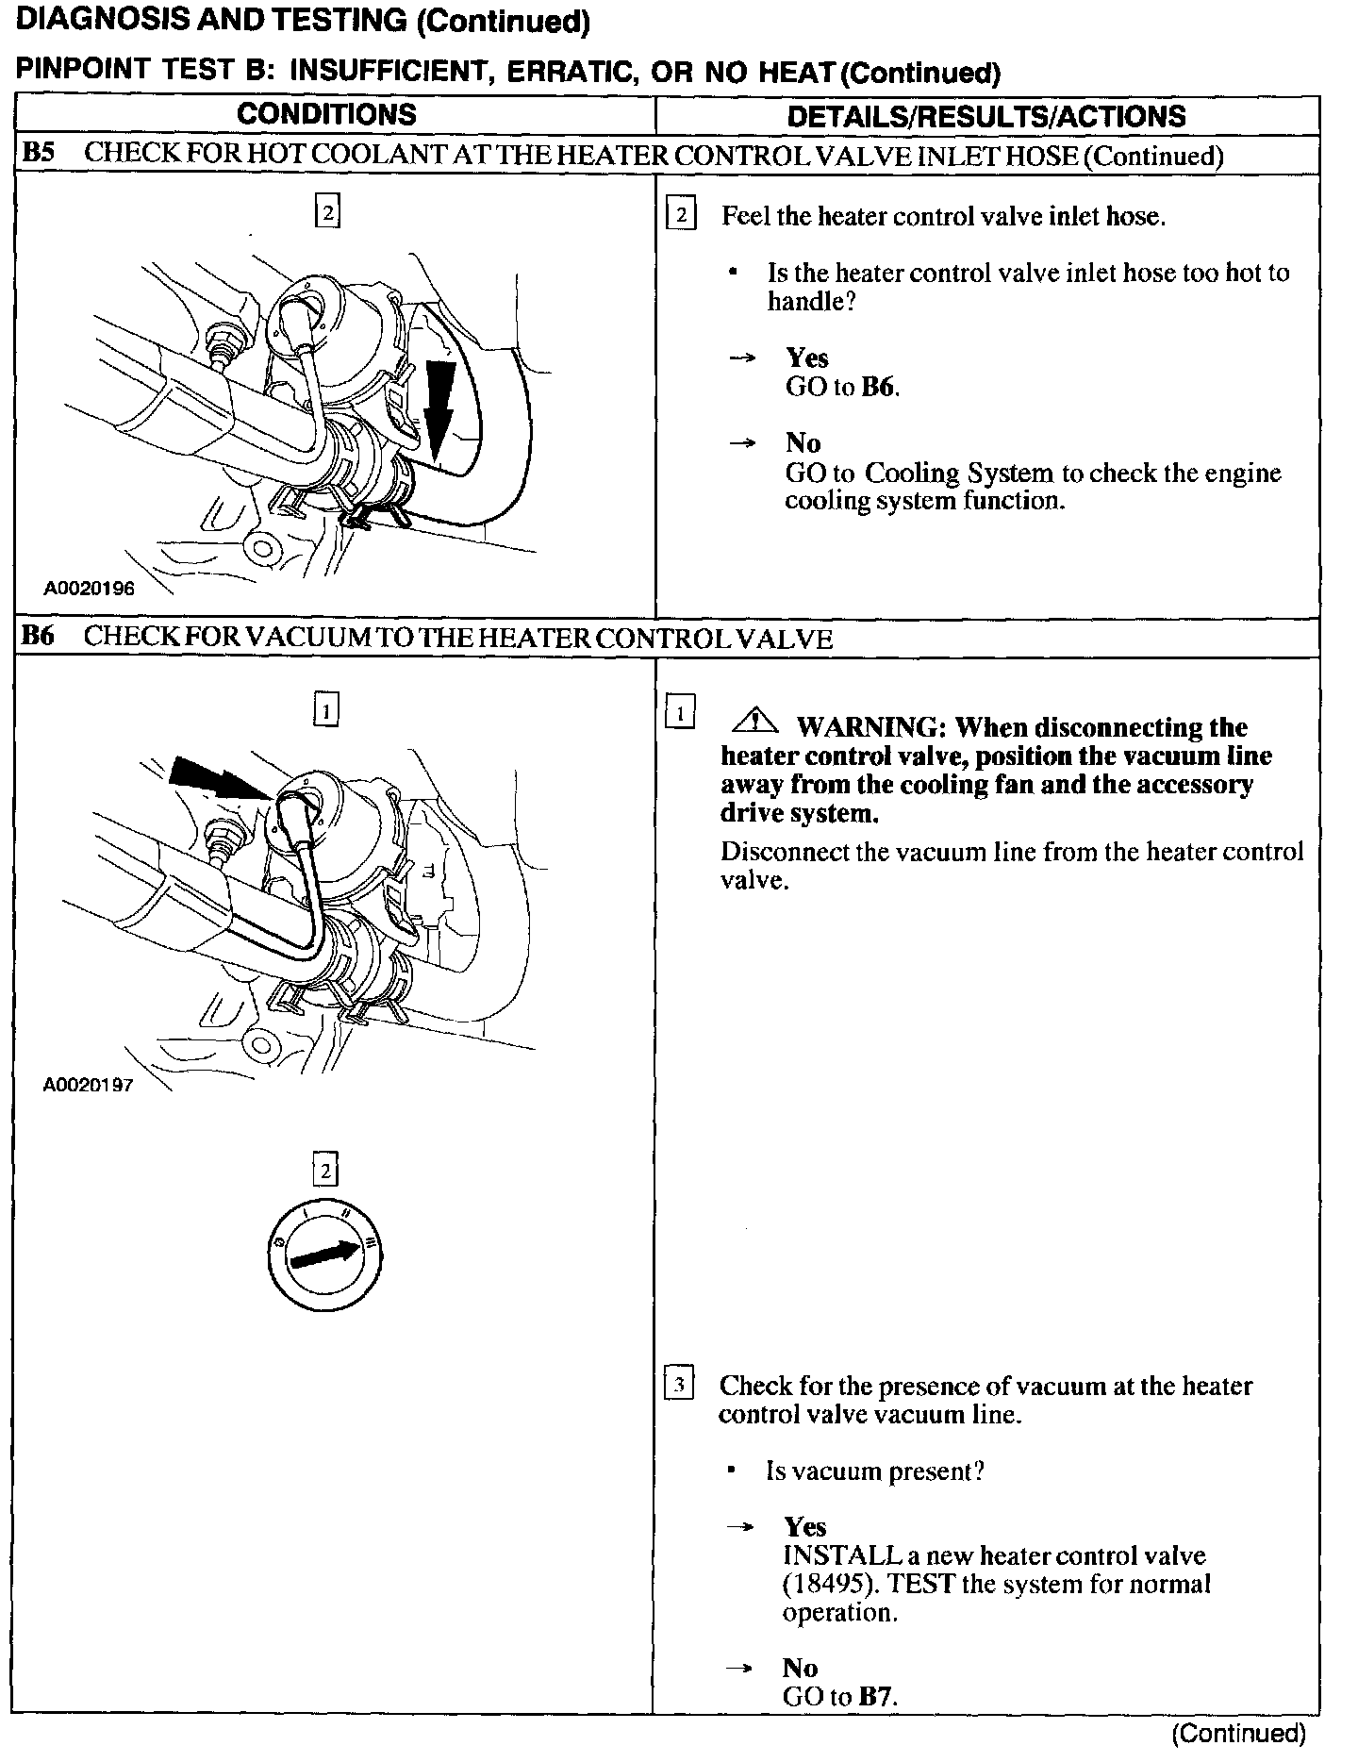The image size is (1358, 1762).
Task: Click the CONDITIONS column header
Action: click(326, 115)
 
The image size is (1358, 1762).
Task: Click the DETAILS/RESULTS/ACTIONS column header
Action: click(986, 116)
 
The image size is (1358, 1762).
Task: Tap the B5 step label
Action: click(39, 154)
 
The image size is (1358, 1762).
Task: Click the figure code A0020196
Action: click(89, 589)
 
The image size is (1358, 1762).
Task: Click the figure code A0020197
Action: click(89, 1085)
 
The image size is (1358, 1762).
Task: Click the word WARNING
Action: click(869, 728)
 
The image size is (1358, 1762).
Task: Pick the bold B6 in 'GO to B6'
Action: click(878, 388)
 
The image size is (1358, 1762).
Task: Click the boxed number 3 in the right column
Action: click(680, 1386)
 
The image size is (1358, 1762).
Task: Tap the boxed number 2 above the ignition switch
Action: click(325, 1171)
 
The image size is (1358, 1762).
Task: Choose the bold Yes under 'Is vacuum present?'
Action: click(804, 1527)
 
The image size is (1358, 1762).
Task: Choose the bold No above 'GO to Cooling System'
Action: click(803, 443)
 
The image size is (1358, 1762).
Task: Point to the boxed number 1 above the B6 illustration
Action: click(325, 710)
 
